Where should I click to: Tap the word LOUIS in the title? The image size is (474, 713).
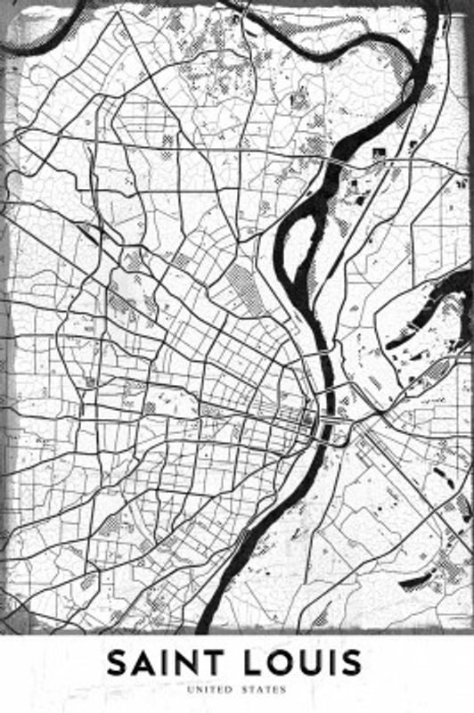click(x=303, y=664)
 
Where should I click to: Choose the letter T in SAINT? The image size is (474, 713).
click(x=212, y=664)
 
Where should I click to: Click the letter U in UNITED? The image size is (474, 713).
click(x=189, y=689)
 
